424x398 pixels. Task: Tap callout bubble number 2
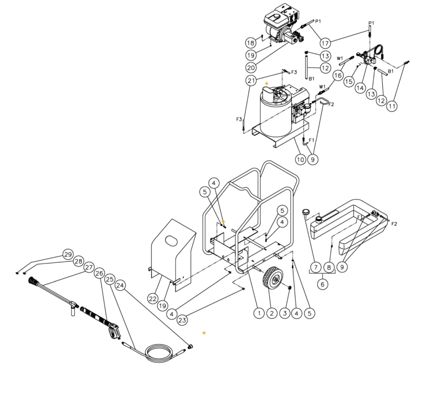272,313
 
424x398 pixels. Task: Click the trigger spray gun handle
113,331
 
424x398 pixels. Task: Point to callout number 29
68,254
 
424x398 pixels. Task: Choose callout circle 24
120,285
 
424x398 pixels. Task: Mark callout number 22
153,299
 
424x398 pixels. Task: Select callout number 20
251,68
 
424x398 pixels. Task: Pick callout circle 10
300,159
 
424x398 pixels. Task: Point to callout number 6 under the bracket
322,284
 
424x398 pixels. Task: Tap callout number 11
392,106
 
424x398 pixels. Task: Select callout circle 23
182,320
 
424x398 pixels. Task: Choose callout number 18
251,43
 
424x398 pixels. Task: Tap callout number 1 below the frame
259,313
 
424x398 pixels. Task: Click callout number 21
251,80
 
